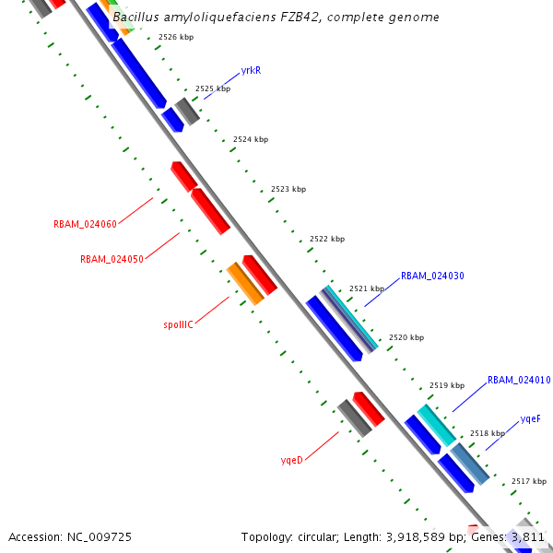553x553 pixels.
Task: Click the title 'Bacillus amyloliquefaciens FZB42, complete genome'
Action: tap(276, 18)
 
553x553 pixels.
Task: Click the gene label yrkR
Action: tap(250, 70)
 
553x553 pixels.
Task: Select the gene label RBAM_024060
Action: tap(85, 224)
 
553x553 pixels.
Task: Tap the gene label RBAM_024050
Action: tap(112, 259)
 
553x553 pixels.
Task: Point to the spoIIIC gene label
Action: tap(178, 324)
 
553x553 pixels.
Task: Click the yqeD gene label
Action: tap(291, 459)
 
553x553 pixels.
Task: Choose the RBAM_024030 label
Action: tap(432, 276)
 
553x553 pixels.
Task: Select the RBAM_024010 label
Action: tap(519, 380)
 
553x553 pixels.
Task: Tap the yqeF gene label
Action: tap(530, 418)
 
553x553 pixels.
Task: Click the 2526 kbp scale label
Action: tap(176, 38)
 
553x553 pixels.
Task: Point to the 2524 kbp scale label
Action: tap(251, 139)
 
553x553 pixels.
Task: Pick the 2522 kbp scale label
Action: tap(327, 239)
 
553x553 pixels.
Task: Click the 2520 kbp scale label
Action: tap(406, 338)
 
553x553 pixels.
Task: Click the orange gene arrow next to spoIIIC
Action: tap(245, 283)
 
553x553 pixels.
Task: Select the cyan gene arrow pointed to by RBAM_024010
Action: tap(436, 425)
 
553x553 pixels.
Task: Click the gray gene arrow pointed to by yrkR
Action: tap(188, 111)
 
